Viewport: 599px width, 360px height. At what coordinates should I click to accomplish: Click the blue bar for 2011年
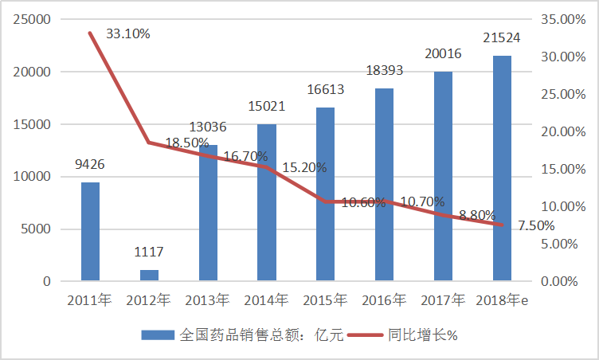coord(90,232)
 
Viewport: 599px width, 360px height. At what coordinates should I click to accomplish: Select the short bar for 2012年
coord(149,276)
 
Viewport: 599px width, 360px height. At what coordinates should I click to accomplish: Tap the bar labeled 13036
coord(208,213)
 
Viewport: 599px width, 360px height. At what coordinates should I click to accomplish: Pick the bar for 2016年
coord(385,185)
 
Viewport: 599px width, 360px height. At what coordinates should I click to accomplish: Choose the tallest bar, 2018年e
coord(502,169)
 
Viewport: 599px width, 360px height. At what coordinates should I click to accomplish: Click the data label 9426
coord(90,165)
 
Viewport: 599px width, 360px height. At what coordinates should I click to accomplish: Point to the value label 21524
coord(502,38)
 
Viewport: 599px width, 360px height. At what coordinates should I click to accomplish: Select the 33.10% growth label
coord(127,34)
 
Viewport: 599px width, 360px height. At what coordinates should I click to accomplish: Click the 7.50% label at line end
coord(536,225)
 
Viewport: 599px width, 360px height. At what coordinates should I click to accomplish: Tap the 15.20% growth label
coord(303,168)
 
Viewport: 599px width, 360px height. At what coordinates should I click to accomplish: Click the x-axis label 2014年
coord(267,300)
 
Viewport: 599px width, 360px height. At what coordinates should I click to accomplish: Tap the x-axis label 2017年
coord(444,300)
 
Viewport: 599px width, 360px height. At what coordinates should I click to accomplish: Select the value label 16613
coord(326,90)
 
